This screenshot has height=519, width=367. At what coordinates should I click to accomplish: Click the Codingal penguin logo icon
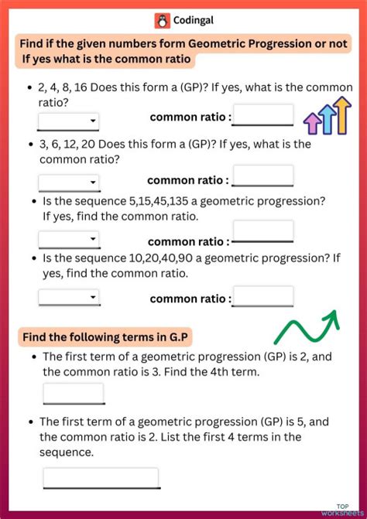[x=162, y=21]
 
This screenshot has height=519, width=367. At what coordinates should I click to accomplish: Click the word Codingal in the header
[x=193, y=21]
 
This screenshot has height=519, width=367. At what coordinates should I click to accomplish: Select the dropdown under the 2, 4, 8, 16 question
[x=69, y=121]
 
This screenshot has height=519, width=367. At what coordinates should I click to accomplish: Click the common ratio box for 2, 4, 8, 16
[x=263, y=115]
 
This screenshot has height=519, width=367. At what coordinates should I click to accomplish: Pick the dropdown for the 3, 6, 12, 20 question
[x=69, y=183]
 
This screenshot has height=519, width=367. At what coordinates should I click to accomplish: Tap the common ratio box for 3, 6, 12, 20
[x=263, y=176]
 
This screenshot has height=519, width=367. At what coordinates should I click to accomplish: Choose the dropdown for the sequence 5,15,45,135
[x=69, y=240]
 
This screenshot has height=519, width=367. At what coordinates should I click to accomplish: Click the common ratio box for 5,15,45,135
[x=263, y=231]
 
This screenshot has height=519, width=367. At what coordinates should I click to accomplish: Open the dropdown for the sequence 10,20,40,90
[x=69, y=297]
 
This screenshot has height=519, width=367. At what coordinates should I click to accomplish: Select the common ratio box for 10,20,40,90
[x=263, y=297]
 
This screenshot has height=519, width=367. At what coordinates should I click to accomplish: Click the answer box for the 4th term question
[x=74, y=393]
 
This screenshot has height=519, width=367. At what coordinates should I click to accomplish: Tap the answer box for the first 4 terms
[x=101, y=478]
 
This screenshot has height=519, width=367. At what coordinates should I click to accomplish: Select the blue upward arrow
[x=326, y=118]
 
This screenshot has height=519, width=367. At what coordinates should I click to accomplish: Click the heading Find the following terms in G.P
[x=106, y=336]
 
